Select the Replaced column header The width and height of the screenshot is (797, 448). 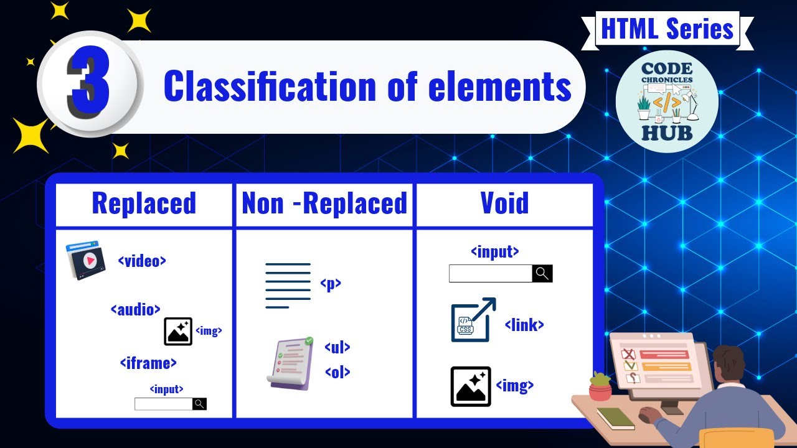click(144, 203)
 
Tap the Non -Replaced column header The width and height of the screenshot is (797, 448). click(324, 203)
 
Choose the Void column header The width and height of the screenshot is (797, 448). click(504, 203)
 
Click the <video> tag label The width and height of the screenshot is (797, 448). click(142, 261)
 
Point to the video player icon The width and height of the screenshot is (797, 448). click(86, 261)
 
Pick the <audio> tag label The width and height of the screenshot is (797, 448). click(136, 309)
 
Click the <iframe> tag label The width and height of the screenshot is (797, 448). click(148, 362)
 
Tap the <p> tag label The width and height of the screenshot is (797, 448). click(331, 284)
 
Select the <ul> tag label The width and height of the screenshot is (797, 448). click(337, 347)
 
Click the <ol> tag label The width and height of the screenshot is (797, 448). click(337, 372)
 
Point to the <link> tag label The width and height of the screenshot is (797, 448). click(524, 324)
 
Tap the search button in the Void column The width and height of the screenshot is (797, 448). click(542, 273)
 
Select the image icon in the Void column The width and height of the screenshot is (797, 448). click(470, 386)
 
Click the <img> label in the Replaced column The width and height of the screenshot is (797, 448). click(209, 331)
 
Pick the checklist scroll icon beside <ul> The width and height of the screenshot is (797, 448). click(290, 363)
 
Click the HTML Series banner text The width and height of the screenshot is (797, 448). click(667, 29)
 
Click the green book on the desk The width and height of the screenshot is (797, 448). click(615, 418)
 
